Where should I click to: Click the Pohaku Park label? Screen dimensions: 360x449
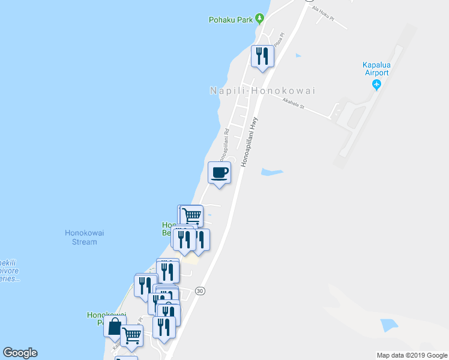click(x=231, y=20)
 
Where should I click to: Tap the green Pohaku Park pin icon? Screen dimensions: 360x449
click(x=260, y=18)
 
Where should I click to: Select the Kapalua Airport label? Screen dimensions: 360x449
click(x=376, y=69)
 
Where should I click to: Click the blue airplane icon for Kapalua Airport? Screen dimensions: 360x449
click(x=376, y=85)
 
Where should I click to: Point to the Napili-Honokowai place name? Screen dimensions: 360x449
click(x=262, y=91)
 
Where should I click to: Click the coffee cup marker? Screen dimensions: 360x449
click(x=219, y=173)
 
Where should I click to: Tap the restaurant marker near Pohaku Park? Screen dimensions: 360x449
click(x=262, y=56)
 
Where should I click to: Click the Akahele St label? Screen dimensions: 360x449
click(x=294, y=106)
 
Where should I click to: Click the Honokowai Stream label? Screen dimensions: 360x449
click(x=80, y=238)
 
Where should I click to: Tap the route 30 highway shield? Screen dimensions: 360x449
click(x=200, y=291)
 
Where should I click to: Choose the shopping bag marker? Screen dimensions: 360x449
click(x=114, y=327)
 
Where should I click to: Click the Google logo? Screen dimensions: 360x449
click(x=20, y=353)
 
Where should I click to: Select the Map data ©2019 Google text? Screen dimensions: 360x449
click(x=412, y=355)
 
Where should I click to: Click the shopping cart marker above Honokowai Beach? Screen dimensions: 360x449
click(x=191, y=215)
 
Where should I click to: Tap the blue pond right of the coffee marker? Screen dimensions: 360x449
click(x=271, y=173)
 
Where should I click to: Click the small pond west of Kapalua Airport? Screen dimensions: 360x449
click(x=298, y=56)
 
